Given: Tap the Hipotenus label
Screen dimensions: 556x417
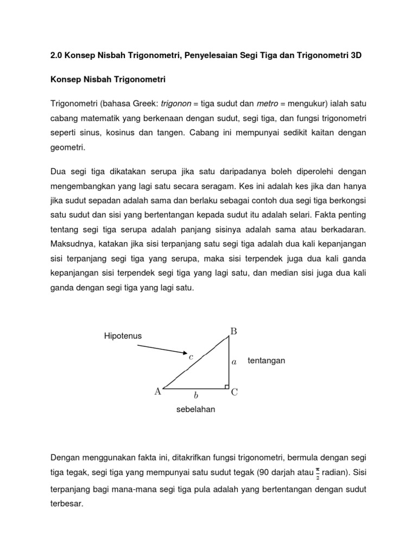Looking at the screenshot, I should [x=123, y=336].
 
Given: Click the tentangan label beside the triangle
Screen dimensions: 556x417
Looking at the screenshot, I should [x=266, y=361].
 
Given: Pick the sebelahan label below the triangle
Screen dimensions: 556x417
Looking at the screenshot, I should [x=195, y=409].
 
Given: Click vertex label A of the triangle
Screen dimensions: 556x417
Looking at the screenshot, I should [x=157, y=390].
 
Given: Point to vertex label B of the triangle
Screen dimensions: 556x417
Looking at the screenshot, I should [x=233, y=330].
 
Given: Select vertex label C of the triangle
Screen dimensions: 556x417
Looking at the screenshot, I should [x=235, y=392].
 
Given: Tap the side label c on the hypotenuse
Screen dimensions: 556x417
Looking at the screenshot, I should [x=191, y=357].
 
